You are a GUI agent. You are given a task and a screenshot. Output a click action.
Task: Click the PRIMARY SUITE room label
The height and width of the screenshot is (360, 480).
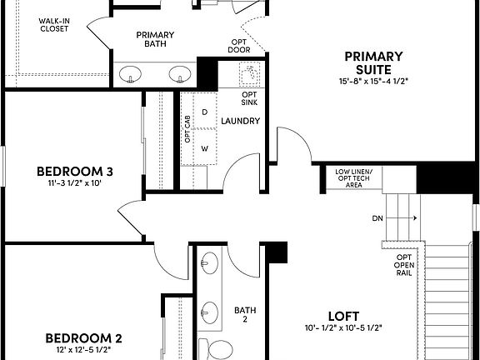373,62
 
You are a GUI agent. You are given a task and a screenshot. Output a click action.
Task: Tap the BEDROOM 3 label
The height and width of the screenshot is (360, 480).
74,172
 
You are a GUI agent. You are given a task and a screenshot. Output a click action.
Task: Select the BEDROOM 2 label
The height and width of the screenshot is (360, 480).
83,338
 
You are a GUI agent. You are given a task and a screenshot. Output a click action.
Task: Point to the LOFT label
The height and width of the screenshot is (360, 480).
342,316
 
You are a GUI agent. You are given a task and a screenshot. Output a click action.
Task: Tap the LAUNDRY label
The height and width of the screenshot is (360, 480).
240,121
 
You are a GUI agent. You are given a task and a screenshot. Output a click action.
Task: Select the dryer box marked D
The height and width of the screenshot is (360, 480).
204,112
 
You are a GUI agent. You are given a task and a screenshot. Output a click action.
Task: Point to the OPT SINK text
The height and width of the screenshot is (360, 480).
248,99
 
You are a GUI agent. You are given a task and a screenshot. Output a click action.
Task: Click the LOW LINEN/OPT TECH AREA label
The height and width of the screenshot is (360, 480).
354,178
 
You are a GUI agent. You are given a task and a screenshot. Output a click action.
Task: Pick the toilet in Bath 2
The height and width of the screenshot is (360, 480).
217,348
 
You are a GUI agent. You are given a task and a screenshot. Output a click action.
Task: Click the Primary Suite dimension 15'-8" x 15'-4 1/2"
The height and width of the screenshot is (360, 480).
373,82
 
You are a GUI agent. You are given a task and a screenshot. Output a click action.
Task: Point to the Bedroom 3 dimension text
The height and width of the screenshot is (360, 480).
74,185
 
